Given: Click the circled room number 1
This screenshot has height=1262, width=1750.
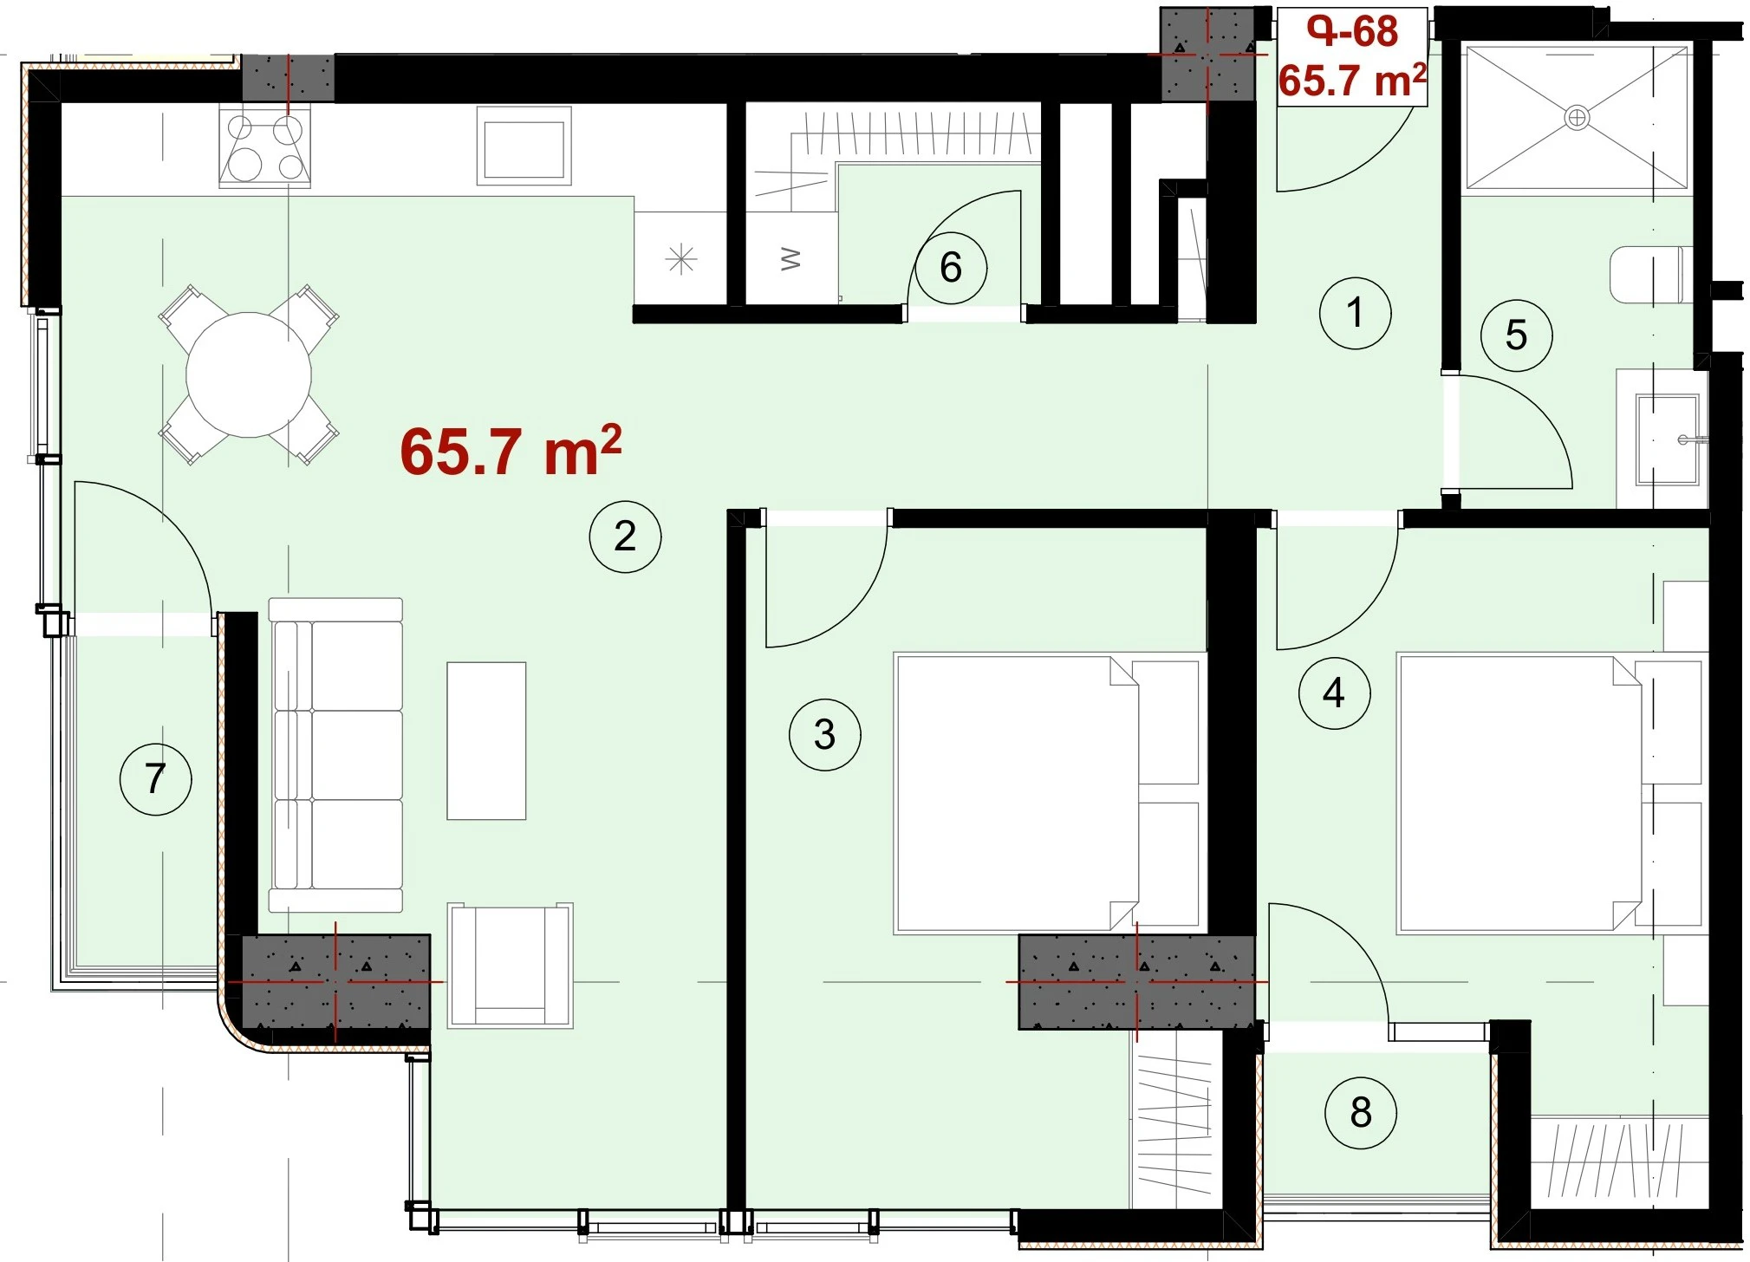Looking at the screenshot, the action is coord(1355,313).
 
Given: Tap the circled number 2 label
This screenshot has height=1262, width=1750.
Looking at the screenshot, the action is coord(625,537).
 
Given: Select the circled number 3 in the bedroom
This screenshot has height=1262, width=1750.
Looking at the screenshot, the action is coord(824,735).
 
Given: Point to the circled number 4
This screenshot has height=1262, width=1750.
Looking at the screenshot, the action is coord(1334,693).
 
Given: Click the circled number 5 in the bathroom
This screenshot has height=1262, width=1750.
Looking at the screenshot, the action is coord(1516,335).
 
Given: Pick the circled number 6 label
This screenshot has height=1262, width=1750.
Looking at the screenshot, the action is coord(951,268).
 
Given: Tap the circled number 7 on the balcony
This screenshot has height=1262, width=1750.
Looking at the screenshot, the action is coord(155,778).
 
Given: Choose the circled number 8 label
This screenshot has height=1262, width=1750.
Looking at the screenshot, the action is coord(1360,1113).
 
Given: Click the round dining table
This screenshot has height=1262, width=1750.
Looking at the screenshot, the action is coord(249,375).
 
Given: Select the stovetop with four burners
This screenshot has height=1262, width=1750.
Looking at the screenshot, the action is coord(265,146).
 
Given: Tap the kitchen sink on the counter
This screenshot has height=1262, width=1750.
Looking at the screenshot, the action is coord(524,146).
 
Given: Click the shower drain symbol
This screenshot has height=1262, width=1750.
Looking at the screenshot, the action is coord(1577,117).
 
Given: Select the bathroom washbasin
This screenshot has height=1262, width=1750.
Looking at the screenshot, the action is coord(1666,439).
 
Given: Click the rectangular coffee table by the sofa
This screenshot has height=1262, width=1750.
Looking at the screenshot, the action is coord(486,741).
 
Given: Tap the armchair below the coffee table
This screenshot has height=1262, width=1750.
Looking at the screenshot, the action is coord(510,965).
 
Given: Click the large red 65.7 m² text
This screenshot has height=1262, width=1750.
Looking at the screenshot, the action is coord(511,451).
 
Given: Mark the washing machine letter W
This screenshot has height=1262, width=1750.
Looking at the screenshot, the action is coord(790,258).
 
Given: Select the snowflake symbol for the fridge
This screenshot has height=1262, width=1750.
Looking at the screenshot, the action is coord(681,258).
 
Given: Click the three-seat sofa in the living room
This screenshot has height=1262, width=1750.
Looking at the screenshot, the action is coord(335,755).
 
